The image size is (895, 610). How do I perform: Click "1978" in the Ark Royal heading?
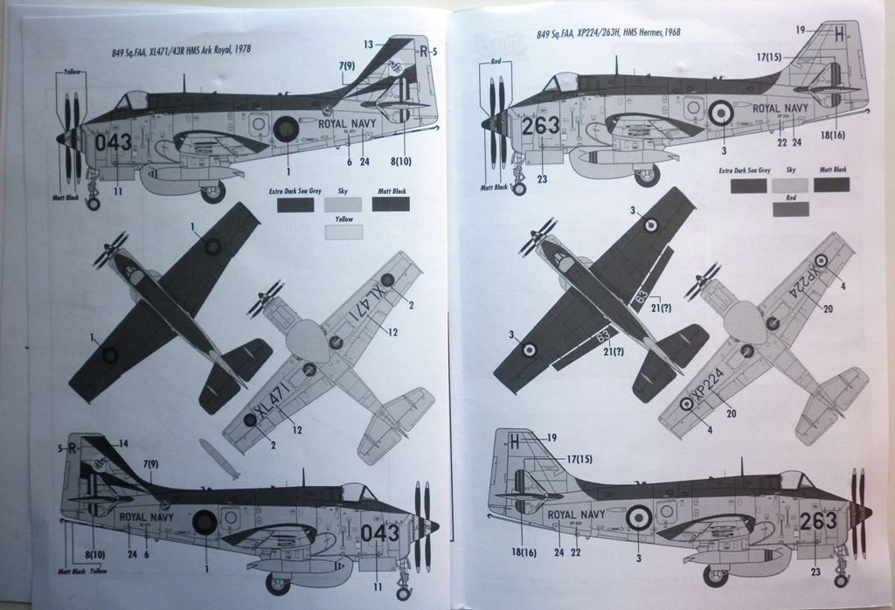[239, 51]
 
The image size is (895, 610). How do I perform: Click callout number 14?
[123, 443]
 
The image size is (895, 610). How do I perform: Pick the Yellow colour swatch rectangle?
[343, 232]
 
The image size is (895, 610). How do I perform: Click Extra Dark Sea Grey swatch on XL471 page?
[295, 204]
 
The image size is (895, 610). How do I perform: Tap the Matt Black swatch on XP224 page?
[831, 184]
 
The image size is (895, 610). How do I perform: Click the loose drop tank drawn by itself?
[219, 459]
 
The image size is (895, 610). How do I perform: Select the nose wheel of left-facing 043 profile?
[93, 204]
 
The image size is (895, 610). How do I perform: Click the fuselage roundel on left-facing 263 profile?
[722, 112]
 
